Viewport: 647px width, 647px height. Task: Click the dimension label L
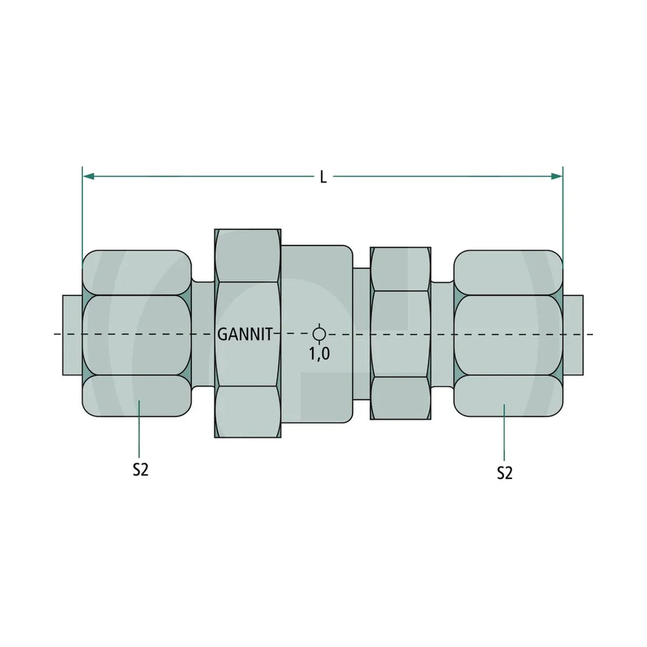[x=323, y=177]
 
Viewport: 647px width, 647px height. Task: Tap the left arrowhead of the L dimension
[x=88, y=176]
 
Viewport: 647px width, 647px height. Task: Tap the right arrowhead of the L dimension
[x=557, y=176]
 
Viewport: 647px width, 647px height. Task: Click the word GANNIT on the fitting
[x=245, y=335]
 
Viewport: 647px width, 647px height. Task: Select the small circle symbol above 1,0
[x=319, y=334]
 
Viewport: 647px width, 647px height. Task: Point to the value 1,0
[x=319, y=354]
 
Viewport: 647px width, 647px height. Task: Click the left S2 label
[x=140, y=470]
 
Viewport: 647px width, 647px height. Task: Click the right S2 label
[x=505, y=473]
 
